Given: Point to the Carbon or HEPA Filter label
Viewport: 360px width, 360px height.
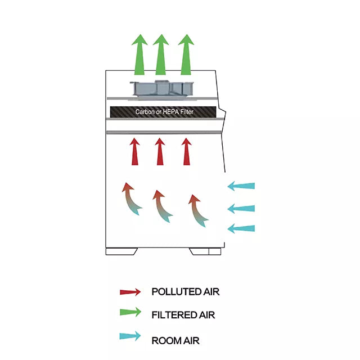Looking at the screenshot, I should point(164,112).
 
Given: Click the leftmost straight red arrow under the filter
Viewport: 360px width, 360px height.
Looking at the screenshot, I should point(135,151).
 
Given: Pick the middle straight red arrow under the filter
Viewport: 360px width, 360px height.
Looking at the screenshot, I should point(160,151).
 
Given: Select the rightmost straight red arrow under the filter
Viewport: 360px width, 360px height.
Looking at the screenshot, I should point(186,151).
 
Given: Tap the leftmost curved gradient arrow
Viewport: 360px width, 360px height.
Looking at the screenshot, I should point(131,199).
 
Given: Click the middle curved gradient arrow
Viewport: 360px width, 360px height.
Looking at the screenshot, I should point(163,206).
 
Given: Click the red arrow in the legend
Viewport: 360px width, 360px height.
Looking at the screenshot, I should point(130,292).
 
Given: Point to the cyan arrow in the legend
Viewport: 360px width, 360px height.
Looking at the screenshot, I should point(130,337).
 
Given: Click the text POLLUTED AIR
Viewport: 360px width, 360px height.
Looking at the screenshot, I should point(185,292).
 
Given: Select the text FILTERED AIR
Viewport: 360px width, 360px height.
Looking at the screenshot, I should point(183,315).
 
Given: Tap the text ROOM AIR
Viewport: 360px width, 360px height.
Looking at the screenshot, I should point(175,340).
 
